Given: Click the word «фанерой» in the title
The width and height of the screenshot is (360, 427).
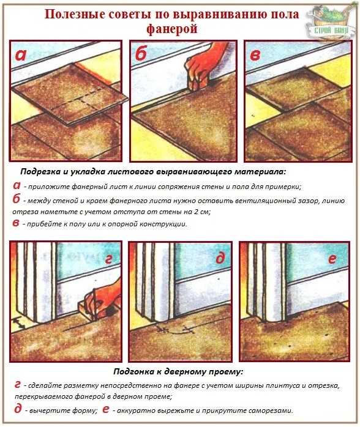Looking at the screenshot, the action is (171, 29).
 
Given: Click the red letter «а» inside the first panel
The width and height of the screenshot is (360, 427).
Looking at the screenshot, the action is (21, 54).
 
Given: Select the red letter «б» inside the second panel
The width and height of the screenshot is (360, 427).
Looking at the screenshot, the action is (141, 53).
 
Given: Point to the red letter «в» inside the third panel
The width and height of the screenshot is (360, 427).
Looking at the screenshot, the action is (255, 55).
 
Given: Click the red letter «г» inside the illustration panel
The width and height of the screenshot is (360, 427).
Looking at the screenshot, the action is (109, 260).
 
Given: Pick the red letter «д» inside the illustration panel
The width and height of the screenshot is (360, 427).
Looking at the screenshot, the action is (220, 258).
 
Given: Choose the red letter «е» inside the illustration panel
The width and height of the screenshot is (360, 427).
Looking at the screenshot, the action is (332, 259).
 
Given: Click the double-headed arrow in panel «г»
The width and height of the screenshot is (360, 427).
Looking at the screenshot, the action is (20, 323).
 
